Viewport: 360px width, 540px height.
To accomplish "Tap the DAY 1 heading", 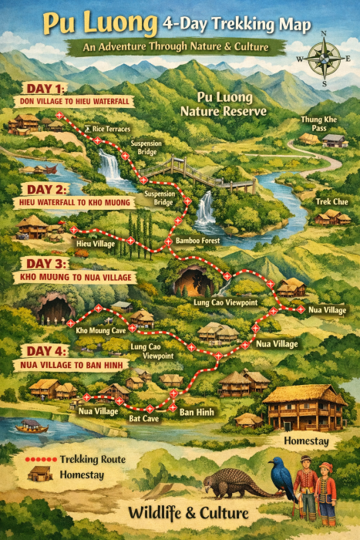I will (45, 88).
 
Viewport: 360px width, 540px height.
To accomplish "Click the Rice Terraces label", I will (111, 129).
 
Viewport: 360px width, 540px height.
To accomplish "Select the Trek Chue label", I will (331, 201).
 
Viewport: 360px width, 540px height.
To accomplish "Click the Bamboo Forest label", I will (197, 241).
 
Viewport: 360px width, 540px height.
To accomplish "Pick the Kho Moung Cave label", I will (101, 330).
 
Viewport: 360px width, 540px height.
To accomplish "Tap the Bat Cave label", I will (144, 418).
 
